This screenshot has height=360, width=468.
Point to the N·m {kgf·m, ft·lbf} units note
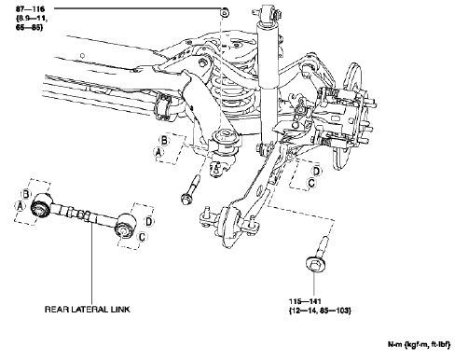click(424, 347)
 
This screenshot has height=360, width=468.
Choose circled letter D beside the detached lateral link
click(146, 220)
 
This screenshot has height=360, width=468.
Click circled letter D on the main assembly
click(317, 171)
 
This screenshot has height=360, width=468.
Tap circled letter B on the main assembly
click(164, 139)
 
